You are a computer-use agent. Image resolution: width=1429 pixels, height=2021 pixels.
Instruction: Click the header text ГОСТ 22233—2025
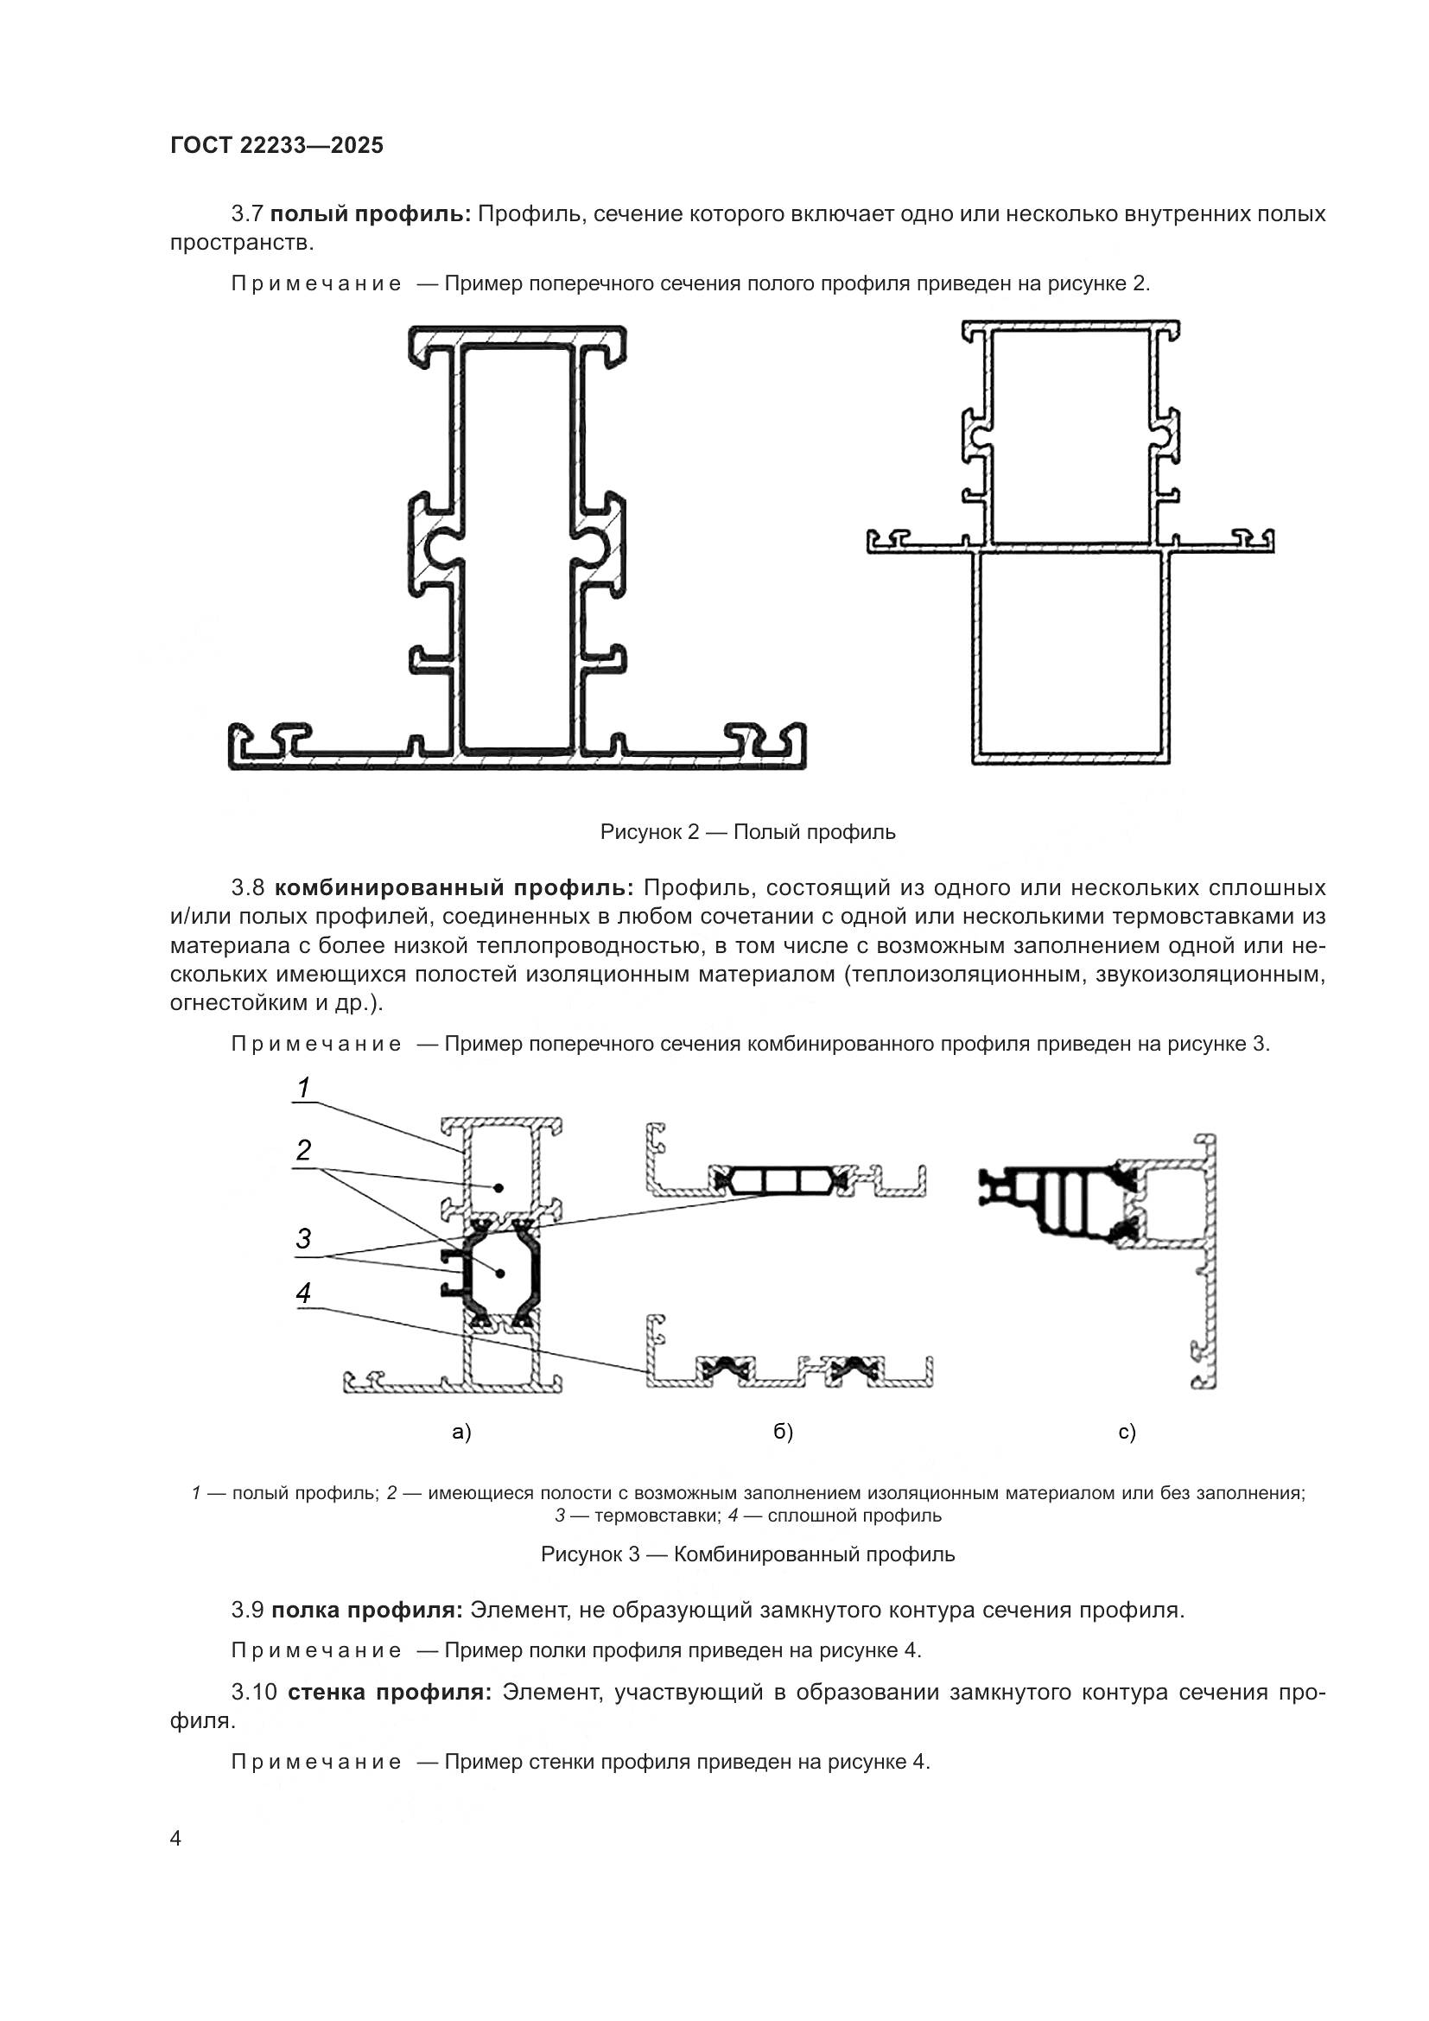click(276, 145)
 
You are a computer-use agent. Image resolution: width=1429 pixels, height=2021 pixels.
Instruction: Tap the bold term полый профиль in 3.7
click(372, 214)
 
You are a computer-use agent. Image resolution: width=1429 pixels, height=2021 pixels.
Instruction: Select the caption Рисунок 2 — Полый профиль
click(747, 832)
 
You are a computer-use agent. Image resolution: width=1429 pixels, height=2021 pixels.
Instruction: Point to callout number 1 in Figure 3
click(302, 1089)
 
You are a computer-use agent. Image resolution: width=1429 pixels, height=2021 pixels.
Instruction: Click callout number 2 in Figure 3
click(302, 1149)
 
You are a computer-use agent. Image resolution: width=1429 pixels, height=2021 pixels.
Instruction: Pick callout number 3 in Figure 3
click(302, 1239)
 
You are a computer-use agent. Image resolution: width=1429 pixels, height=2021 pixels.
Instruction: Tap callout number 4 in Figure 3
click(302, 1293)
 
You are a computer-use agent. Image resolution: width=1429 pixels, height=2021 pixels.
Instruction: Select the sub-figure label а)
click(461, 1432)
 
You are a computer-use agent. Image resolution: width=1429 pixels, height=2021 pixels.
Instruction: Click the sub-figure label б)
click(783, 1432)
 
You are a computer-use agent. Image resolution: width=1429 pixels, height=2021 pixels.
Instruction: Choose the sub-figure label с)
click(1127, 1432)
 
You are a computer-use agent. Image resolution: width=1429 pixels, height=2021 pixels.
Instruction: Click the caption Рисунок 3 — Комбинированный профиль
click(747, 1554)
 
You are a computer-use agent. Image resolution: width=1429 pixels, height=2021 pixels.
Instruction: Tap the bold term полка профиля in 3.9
click(367, 1611)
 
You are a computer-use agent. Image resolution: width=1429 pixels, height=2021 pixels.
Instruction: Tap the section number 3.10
click(254, 1693)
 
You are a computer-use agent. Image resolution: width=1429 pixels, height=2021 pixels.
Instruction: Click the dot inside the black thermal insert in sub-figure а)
click(499, 1274)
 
